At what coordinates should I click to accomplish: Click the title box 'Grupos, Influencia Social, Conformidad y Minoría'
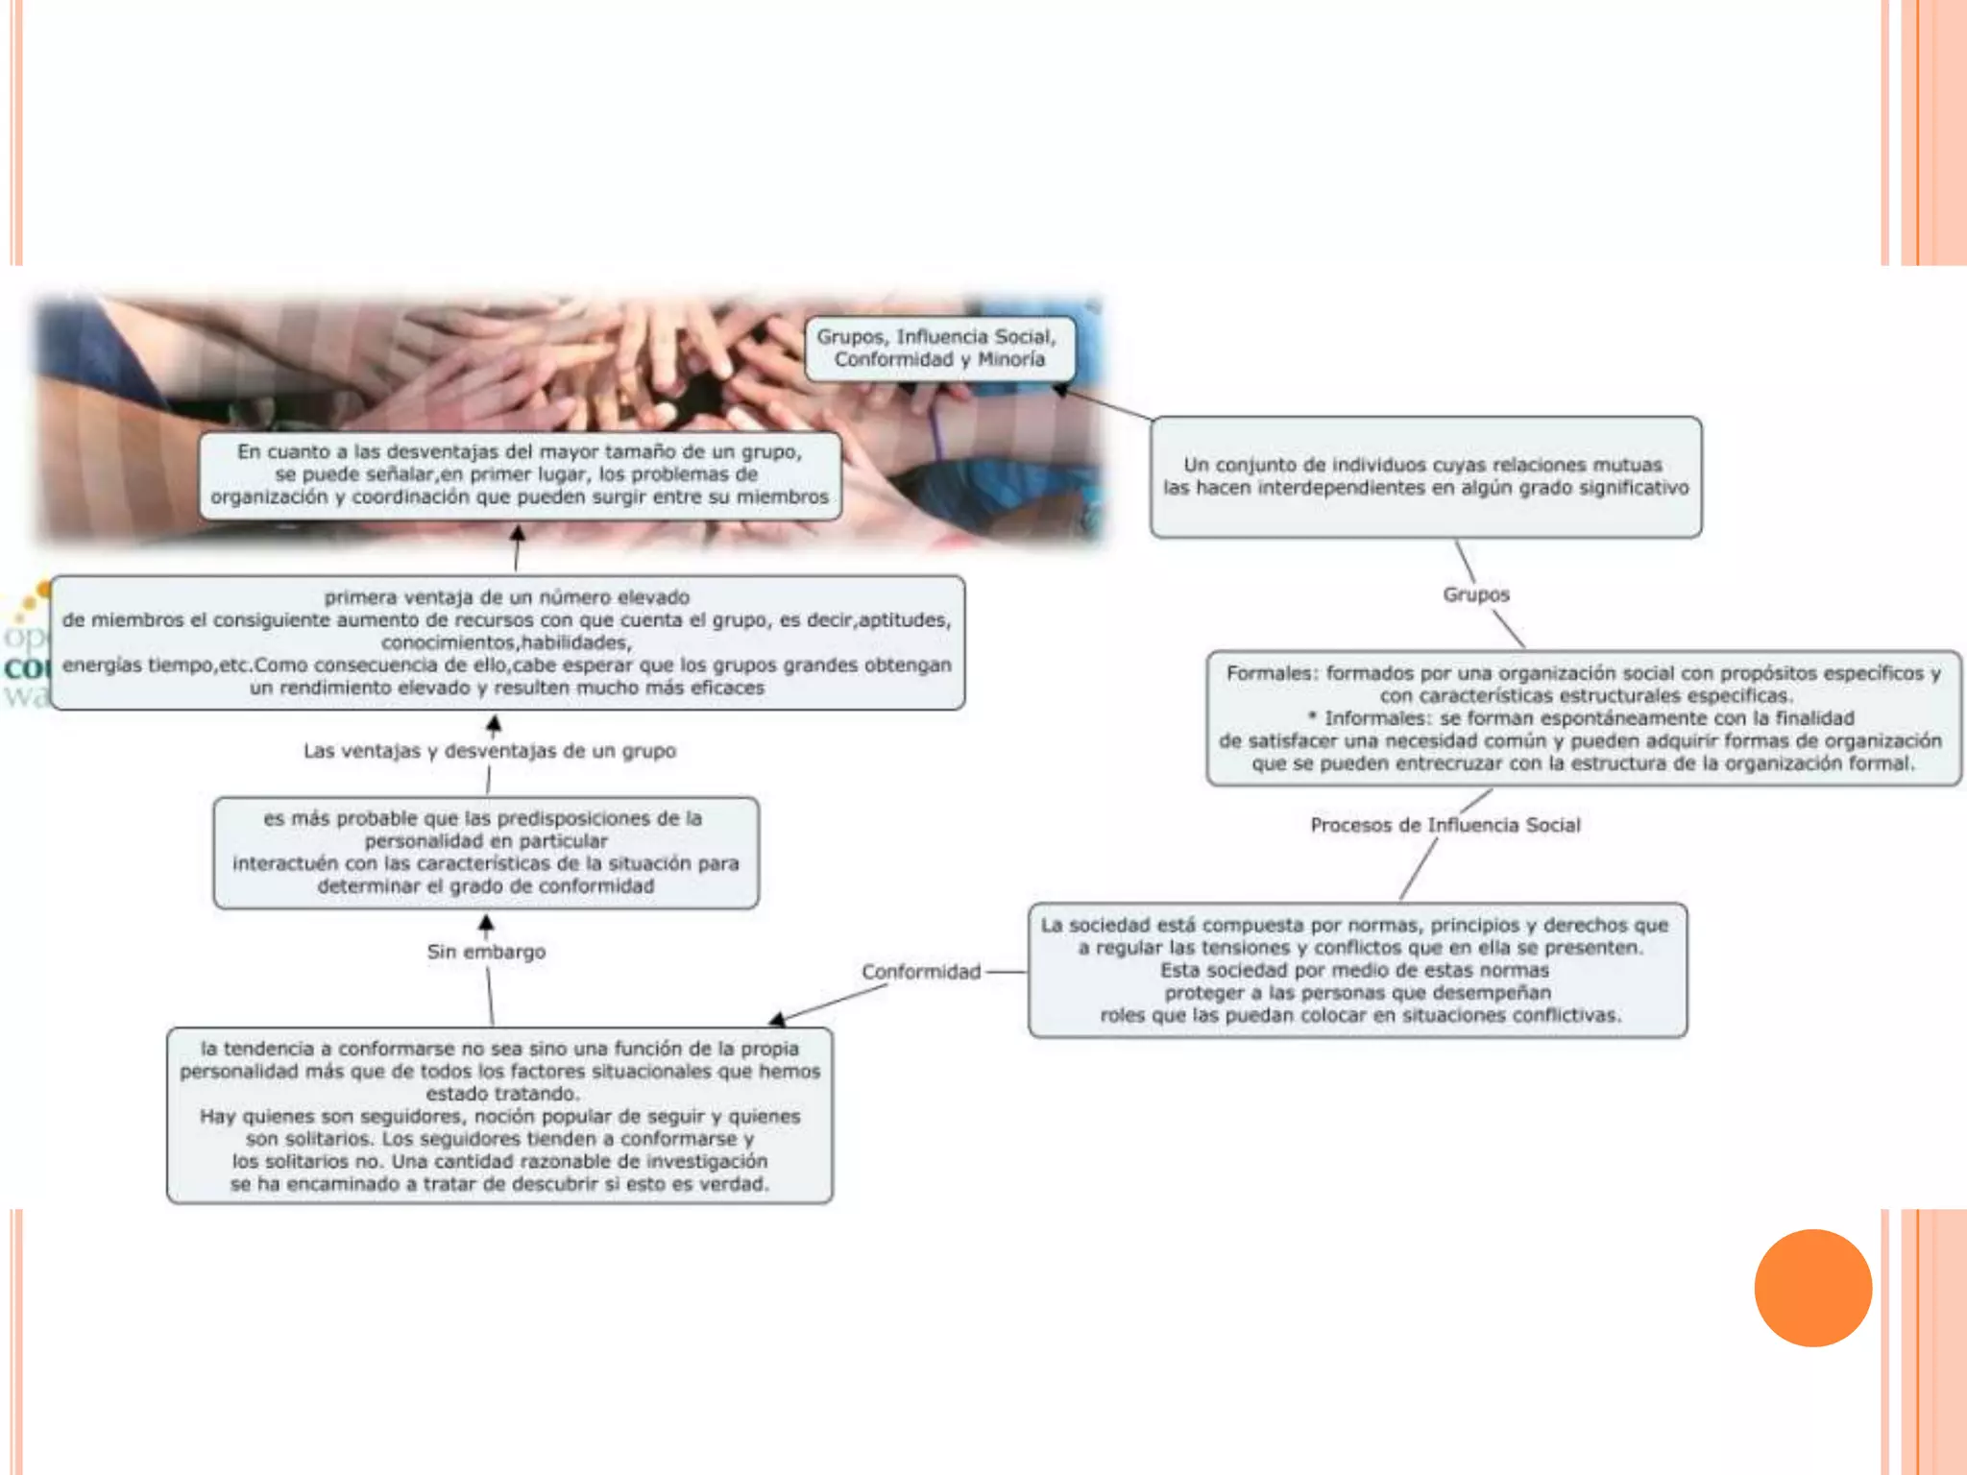coord(938,349)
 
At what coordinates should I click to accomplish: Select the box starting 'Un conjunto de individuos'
coord(1425,477)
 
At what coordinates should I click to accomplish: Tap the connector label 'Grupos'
coord(1475,594)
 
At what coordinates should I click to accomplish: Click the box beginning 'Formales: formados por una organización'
coord(1583,718)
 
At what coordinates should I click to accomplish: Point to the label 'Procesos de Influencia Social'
coord(1445,825)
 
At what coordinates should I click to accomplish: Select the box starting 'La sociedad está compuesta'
coord(1357,970)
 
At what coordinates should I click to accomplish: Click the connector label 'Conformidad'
coord(920,972)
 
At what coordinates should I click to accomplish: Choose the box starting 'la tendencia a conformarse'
coord(499,1116)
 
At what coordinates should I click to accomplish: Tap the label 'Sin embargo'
coord(486,952)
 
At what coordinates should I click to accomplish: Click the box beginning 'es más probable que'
coord(486,853)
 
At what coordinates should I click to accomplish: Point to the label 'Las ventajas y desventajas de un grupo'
coord(489,751)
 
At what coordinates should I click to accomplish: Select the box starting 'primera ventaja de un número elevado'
coord(507,642)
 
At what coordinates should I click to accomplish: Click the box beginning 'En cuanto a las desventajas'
coord(520,474)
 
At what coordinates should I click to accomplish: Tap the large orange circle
coord(1812,1288)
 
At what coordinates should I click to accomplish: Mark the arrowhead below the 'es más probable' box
coord(486,923)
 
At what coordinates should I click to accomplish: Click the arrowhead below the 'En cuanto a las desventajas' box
coord(518,533)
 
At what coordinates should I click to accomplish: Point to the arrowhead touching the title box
coord(1061,390)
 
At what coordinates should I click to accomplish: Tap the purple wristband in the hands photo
coord(936,432)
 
